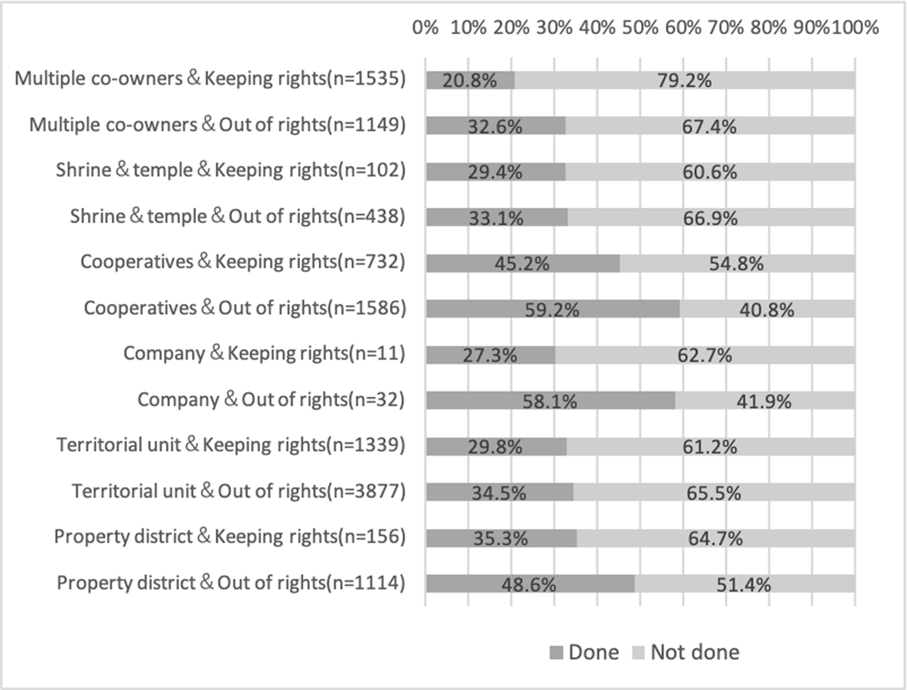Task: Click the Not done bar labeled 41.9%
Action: click(x=764, y=401)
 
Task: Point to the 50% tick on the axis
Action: click(x=640, y=28)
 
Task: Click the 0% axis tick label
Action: click(x=426, y=28)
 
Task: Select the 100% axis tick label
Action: click(x=855, y=28)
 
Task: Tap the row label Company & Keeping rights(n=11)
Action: click(x=265, y=354)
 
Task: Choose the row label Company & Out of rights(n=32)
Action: click(x=271, y=401)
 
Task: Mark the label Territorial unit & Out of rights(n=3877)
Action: click(x=240, y=491)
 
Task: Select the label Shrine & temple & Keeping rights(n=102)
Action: click(x=231, y=172)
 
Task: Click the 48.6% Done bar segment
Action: click(x=529, y=583)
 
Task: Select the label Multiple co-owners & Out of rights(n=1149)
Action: click(x=218, y=125)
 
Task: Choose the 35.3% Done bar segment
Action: click(x=500, y=537)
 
